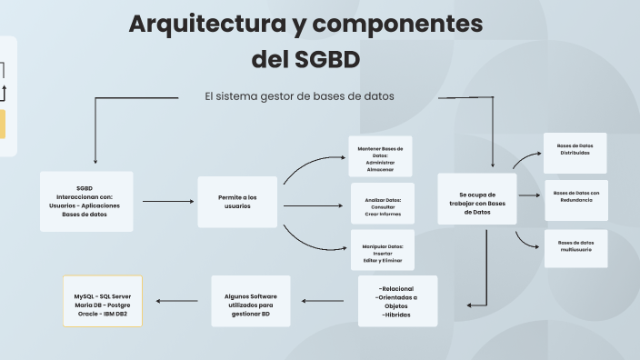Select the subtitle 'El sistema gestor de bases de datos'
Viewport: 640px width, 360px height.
(x=299, y=96)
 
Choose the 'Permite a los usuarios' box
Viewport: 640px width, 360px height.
(x=237, y=201)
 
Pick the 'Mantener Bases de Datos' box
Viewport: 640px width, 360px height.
(x=380, y=157)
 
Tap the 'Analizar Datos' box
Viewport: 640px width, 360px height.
(x=382, y=204)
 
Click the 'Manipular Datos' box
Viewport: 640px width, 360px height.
(x=382, y=250)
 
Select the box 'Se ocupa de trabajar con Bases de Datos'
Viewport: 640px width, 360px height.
(x=476, y=199)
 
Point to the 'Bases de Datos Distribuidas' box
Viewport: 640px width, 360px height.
(x=575, y=150)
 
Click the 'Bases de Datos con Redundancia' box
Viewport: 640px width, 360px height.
(x=575, y=196)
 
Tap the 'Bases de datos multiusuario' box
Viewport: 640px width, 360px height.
(x=575, y=247)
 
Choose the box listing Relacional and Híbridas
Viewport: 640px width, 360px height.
(x=396, y=301)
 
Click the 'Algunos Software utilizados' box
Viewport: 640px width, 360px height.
(x=250, y=301)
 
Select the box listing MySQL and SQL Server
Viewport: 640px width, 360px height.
(x=103, y=301)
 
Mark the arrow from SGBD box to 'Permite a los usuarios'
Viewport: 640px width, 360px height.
(x=165, y=202)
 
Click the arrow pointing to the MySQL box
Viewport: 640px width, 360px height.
(x=177, y=301)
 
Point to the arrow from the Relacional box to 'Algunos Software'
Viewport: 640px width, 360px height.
(x=323, y=301)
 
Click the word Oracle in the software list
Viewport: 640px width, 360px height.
(x=88, y=314)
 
